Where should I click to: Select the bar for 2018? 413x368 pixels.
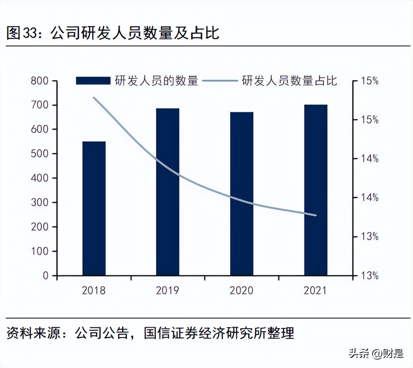pyautogui.click(x=94, y=208)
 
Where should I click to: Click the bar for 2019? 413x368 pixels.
pyautogui.click(x=168, y=192)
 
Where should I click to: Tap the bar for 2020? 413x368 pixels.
pyautogui.click(x=242, y=194)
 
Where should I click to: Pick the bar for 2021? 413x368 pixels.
pyautogui.click(x=316, y=190)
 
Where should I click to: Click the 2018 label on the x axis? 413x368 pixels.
pyautogui.click(x=94, y=290)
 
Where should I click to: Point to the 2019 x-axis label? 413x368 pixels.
pyautogui.click(x=167, y=290)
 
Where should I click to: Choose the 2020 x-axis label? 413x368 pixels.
pyautogui.click(x=242, y=290)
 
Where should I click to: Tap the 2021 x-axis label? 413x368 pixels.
pyautogui.click(x=316, y=290)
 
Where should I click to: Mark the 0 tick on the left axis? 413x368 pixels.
pyautogui.click(x=45, y=276)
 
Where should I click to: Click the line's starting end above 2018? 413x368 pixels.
pyautogui.click(x=94, y=98)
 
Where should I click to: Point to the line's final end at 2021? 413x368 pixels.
pyautogui.click(x=316, y=215)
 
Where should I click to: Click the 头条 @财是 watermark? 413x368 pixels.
pyautogui.click(x=376, y=354)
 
